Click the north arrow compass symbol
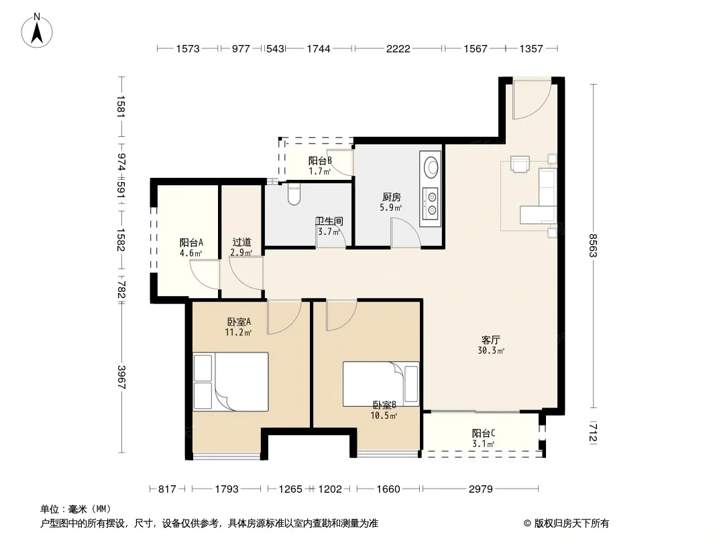37,30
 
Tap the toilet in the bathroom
294,194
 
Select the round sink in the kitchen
431,166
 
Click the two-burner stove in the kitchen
431,203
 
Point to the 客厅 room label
491,340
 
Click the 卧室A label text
239,322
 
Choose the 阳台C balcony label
484,433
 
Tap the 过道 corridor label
241,242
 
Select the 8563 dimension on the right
593,246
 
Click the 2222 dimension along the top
398,48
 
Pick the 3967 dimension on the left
121,377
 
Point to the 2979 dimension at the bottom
481,489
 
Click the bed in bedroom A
230,381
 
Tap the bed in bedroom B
381,384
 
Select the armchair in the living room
520,164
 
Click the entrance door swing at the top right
532,100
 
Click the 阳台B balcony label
320,160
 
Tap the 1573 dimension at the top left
188,48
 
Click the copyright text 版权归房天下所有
571,524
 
